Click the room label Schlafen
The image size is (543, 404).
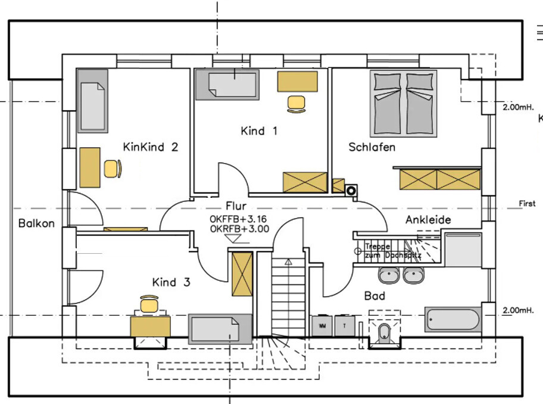point(372,147)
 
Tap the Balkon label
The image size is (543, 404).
point(36,223)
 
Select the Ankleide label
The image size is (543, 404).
point(428,220)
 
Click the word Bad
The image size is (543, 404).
point(375,296)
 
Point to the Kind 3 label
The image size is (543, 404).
point(171,282)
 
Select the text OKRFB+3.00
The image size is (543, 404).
point(239,228)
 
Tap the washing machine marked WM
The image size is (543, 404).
point(322,326)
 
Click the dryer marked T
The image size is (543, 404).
point(345,326)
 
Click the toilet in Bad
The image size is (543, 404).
point(383,332)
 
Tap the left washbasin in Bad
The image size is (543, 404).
point(389,275)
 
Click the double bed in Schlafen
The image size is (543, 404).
point(404,102)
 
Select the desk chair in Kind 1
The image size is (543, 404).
point(296,103)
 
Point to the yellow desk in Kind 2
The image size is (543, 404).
point(90,167)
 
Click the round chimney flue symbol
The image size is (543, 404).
point(352,191)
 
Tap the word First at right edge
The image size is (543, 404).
point(527,204)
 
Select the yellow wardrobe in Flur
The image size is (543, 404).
point(242,274)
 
